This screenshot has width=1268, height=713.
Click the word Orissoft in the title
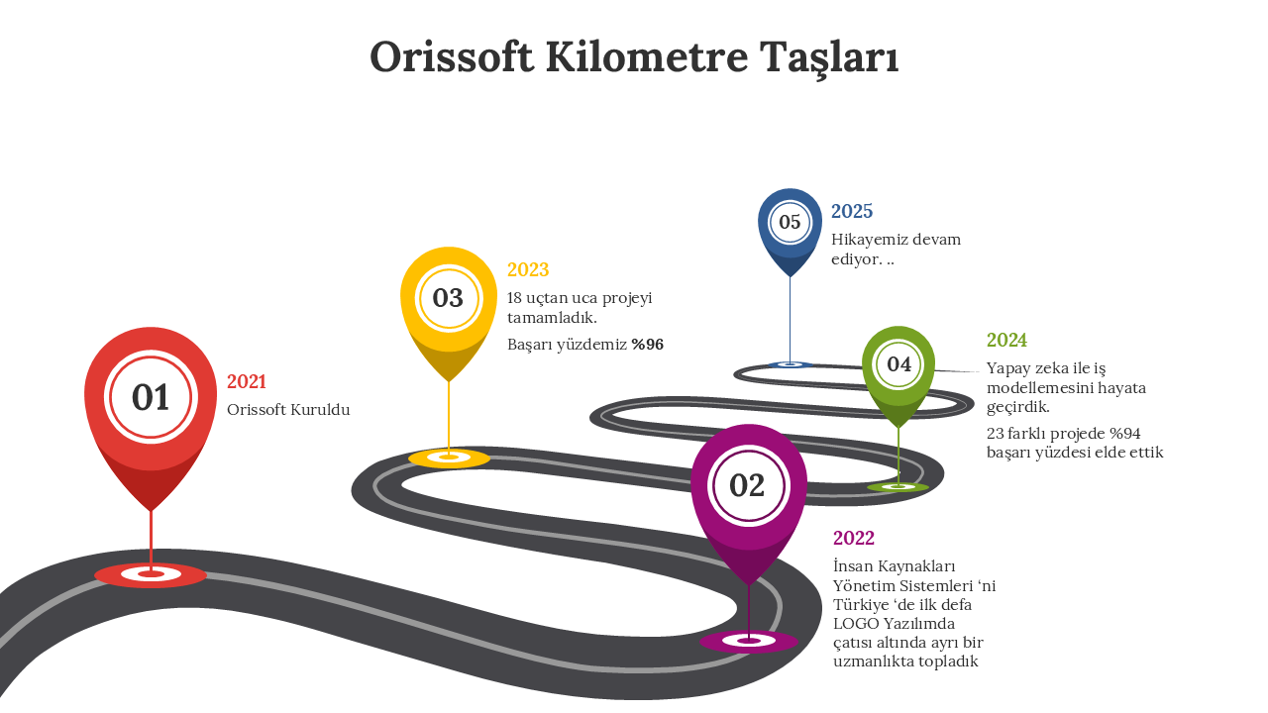452,57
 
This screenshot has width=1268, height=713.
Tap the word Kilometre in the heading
647,57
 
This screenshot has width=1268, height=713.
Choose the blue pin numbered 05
790,231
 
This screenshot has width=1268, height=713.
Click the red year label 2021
247,382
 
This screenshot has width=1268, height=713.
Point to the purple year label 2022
854,538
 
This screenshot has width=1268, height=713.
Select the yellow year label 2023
528,270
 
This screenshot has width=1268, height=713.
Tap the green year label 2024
1006,340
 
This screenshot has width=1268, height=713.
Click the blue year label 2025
852,212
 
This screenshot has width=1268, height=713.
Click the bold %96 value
648,345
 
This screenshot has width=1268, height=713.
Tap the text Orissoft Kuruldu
288,410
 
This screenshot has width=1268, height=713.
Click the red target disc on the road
151,575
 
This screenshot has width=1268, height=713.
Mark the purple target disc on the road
749,641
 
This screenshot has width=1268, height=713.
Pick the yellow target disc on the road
449,458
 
